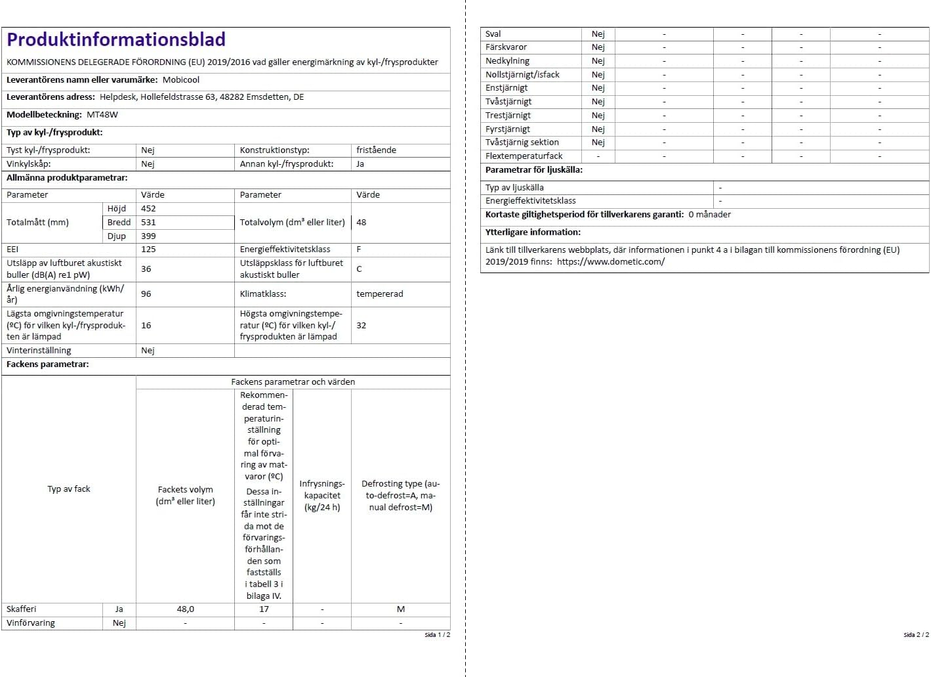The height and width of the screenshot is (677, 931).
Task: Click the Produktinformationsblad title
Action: coord(116,40)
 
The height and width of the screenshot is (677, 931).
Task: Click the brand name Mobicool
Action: coord(181,80)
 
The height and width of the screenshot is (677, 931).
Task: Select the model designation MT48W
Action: coord(102,115)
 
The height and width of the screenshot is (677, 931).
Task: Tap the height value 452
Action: coord(148,209)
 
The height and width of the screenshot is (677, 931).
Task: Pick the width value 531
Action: coord(148,223)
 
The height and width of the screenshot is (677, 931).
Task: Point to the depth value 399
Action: coord(148,236)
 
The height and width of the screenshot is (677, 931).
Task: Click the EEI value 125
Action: coord(148,250)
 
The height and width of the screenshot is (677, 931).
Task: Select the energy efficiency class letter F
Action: coord(359,250)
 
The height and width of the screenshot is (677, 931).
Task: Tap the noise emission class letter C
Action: coord(359,269)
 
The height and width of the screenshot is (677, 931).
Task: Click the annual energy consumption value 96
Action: coord(146,294)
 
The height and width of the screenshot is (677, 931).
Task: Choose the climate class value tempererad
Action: coord(380,294)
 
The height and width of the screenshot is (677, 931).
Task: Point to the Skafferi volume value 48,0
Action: coord(185,609)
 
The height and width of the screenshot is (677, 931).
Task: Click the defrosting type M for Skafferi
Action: coord(400,609)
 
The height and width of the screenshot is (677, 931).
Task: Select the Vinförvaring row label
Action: coord(31,623)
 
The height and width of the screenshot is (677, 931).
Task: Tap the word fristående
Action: coord(376,150)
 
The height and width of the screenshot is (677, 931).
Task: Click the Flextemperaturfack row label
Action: coord(524,156)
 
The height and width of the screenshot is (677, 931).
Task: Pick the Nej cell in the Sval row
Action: coord(598,34)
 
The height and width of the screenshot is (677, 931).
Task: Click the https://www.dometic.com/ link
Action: coord(611,262)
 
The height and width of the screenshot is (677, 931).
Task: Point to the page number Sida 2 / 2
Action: coord(916,635)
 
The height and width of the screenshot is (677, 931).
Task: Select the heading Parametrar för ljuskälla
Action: coord(534,170)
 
